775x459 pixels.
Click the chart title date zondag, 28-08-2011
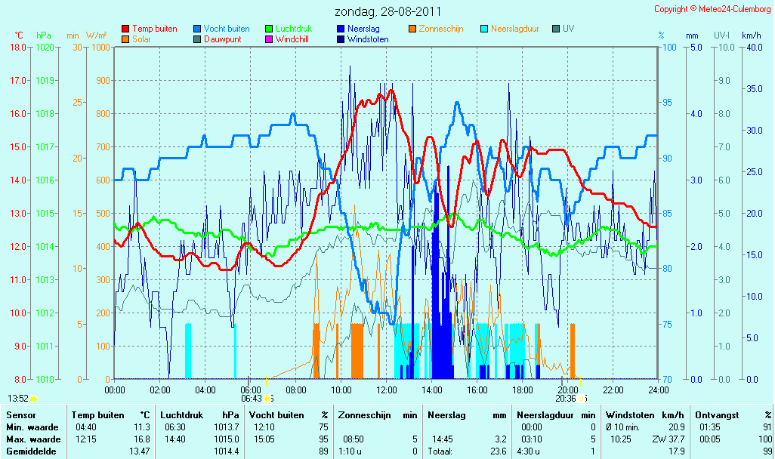click(x=387, y=11)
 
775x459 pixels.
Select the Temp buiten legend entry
click(x=150, y=29)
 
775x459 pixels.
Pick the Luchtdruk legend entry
click(x=289, y=29)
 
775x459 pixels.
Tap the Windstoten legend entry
click(x=363, y=39)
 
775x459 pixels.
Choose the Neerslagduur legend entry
click(x=510, y=29)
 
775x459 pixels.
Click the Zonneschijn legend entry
click(x=436, y=29)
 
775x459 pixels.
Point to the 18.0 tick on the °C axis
click(x=18, y=47)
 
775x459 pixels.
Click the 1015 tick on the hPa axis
click(x=45, y=214)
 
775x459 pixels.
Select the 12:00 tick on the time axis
click(x=387, y=390)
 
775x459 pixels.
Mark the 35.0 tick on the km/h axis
click(x=755, y=89)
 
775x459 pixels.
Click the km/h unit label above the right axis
click(x=752, y=35)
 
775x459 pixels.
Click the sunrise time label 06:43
click(x=252, y=399)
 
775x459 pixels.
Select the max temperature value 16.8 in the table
click(x=142, y=439)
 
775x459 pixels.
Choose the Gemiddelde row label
click(x=31, y=451)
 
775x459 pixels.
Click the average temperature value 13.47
click(x=140, y=451)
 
